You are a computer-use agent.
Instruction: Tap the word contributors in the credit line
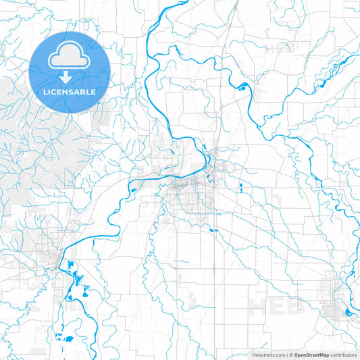pyautogui.click(x=344, y=355)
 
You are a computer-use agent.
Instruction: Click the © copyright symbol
pyautogui.click(x=291, y=355)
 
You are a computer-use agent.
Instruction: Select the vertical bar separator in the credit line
pyautogui.click(x=287, y=355)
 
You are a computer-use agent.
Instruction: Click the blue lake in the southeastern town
pyautogui.click(x=347, y=311)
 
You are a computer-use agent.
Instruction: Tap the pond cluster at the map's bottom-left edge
pyautogui.click(x=66, y=337)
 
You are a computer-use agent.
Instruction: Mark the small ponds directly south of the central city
pyautogui.click(x=215, y=231)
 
